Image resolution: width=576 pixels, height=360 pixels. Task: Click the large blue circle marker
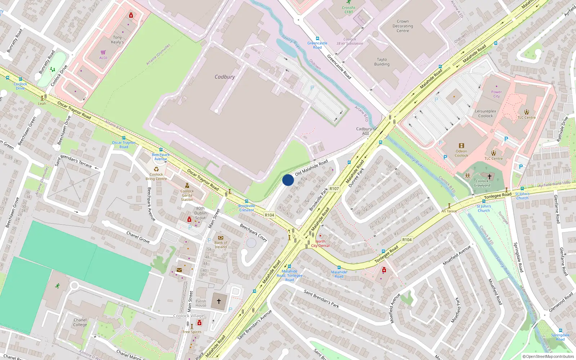288,180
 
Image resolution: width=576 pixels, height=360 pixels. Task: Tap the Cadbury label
225,77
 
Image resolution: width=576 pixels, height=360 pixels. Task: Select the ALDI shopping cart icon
103,52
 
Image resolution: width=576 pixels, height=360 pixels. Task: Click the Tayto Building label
382,62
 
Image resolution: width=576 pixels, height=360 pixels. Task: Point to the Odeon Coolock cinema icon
461,146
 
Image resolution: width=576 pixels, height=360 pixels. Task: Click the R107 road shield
334,189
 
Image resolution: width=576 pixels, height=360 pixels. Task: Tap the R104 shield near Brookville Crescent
269,215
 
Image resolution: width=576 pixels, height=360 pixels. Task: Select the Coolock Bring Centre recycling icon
156,169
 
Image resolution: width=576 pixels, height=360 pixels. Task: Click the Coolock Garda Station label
187,195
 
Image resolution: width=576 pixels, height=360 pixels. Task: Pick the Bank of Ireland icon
221,238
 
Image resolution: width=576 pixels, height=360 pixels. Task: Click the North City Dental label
320,244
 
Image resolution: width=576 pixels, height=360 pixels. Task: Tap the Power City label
496,94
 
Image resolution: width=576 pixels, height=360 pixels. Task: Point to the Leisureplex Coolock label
485,113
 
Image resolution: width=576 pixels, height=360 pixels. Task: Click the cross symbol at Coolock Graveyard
490,176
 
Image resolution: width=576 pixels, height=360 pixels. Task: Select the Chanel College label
80,322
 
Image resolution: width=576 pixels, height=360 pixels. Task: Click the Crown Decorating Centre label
403,26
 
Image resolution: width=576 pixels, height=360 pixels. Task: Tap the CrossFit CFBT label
348,10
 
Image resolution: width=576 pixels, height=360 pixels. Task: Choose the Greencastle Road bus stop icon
317,39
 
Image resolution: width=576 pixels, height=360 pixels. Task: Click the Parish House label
201,303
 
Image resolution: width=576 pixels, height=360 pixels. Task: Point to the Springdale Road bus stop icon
560,330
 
